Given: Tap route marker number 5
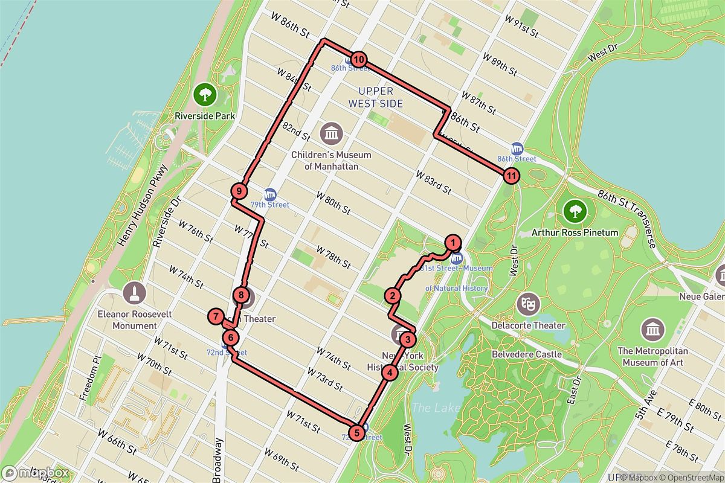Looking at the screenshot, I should click(x=357, y=432).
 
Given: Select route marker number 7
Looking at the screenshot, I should click(x=215, y=316).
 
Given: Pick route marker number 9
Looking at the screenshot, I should click(x=239, y=191).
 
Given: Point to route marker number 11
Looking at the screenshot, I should click(x=511, y=176).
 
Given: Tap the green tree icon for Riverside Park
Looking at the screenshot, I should click(x=205, y=94).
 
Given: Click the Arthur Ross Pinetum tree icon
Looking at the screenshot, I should click(x=575, y=211).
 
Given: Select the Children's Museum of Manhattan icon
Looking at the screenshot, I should click(x=331, y=132).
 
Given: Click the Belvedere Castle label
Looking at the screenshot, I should click(x=527, y=354).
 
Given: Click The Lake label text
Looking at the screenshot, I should click(x=435, y=408).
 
